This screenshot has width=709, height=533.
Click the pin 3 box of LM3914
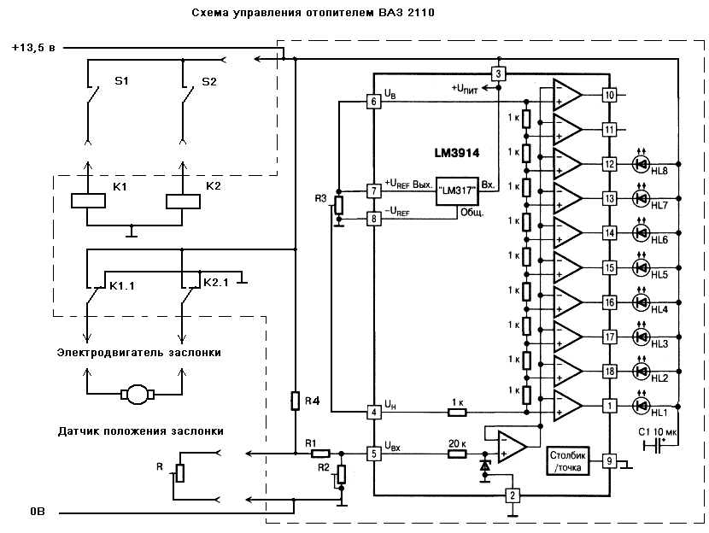[498, 73]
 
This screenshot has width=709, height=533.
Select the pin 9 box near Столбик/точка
[609, 461]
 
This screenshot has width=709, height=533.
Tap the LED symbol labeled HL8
[641, 164]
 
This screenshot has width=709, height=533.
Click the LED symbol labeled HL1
[641, 406]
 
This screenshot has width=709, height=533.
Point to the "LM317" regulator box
[457, 191]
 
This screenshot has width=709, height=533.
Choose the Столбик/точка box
[568, 461]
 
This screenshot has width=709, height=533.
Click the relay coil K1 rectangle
[88, 201]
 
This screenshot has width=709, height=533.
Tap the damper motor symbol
[138, 395]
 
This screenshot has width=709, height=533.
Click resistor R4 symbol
[295, 401]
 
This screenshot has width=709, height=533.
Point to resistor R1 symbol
[320, 454]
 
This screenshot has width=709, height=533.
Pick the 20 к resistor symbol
[457, 454]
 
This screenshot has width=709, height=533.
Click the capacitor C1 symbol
[652, 447]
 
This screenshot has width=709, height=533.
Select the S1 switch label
[121, 81]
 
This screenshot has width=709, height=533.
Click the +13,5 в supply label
[33, 48]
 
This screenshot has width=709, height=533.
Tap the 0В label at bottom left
[38, 512]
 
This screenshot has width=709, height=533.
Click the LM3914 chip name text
[457, 153]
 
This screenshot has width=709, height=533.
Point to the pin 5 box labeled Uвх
[373, 454]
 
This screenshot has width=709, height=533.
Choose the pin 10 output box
[609, 95]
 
